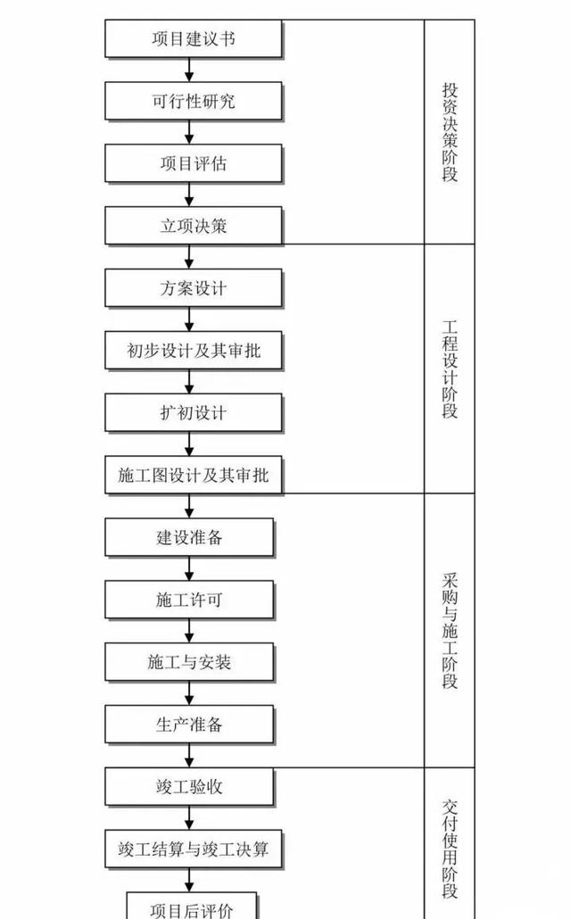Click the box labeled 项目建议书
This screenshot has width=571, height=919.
click(x=194, y=38)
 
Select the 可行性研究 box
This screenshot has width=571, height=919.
click(x=194, y=101)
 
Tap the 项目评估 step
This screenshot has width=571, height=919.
click(x=194, y=163)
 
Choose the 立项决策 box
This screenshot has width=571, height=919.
click(x=194, y=226)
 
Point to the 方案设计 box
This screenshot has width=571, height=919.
click(x=194, y=288)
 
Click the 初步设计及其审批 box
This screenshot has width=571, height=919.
click(x=194, y=351)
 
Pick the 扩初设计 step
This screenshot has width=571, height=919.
click(x=194, y=412)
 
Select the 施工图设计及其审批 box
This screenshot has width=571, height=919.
click(x=194, y=475)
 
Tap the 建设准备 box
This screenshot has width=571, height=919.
click(x=189, y=537)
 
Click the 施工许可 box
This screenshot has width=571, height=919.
click(x=189, y=600)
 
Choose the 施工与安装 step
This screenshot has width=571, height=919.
click(x=189, y=662)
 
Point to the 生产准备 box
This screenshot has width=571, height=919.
click(x=189, y=724)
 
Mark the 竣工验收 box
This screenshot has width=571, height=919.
click(x=189, y=787)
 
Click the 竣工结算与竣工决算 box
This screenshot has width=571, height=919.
click(x=194, y=849)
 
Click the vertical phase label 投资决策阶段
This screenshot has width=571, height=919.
click(x=450, y=132)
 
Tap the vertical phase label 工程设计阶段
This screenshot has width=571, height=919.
click(x=450, y=369)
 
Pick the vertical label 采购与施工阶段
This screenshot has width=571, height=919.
click(x=450, y=631)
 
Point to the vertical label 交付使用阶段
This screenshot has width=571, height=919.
click(x=450, y=849)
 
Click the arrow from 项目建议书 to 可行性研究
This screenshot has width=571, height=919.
click(x=189, y=70)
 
